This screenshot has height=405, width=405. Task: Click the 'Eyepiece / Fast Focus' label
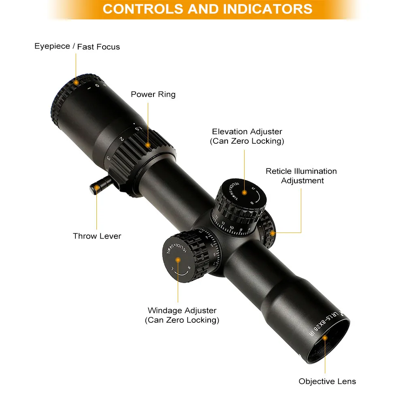click(x=77, y=47)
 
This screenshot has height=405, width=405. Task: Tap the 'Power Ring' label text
click(x=153, y=94)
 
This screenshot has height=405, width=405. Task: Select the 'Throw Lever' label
click(x=97, y=236)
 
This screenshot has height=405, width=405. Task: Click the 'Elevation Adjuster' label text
click(x=247, y=132)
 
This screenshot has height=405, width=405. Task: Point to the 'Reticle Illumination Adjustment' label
click(x=301, y=176)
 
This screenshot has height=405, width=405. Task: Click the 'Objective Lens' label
click(x=327, y=381)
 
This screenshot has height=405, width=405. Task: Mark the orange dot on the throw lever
click(x=97, y=188)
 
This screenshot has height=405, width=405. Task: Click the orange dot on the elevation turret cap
click(x=244, y=192)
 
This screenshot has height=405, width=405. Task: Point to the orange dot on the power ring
click(x=148, y=145)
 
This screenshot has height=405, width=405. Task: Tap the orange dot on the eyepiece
click(x=76, y=82)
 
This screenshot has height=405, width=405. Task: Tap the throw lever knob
click(x=96, y=187)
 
